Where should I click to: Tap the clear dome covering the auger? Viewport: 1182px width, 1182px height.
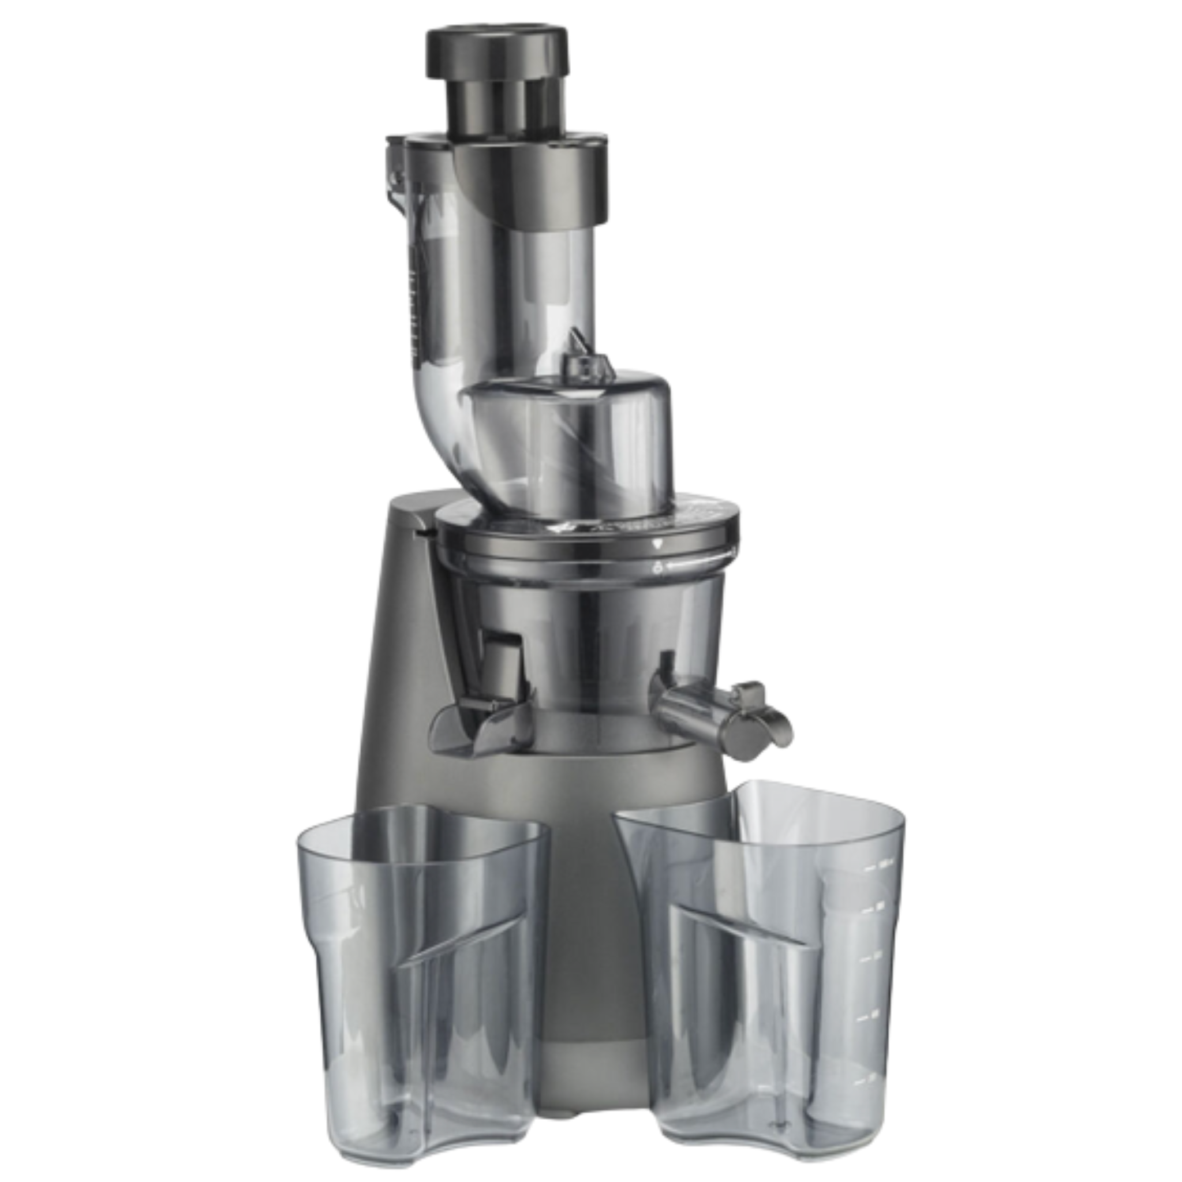coord(566,428)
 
